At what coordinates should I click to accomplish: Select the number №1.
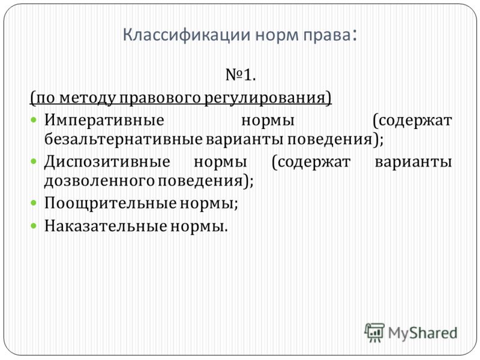pos(241,74)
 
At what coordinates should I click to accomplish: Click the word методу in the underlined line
pos(86,98)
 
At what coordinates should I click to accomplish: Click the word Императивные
pos(104,121)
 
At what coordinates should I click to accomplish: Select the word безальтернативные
pos(124,139)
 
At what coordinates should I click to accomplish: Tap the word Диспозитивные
pos(107,162)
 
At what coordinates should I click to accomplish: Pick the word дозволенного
pos(100,181)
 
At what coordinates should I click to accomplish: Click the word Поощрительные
pos(111,203)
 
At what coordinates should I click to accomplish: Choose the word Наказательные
pos(106,226)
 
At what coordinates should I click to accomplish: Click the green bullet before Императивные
pos(34,119)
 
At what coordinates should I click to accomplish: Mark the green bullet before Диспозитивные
pos(34,161)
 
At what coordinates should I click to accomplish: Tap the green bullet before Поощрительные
pos(34,203)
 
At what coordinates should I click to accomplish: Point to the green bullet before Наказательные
pos(34,226)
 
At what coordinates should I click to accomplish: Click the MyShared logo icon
pos(374,332)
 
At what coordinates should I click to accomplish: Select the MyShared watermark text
pos(422,334)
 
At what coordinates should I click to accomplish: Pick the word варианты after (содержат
pos(413,162)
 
